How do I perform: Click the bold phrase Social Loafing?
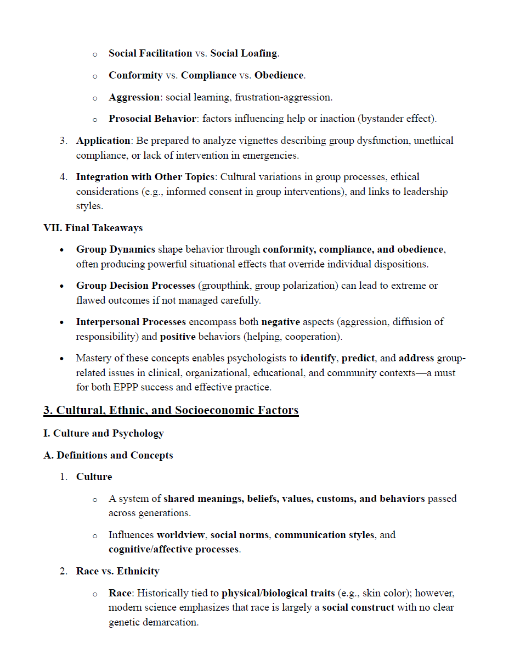(244, 53)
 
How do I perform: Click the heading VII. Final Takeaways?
(93, 227)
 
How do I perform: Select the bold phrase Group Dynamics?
(115, 249)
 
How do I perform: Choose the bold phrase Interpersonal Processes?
(131, 322)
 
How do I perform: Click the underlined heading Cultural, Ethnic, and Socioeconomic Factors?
(171, 410)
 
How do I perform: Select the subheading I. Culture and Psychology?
(103, 433)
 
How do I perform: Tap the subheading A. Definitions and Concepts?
(108, 455)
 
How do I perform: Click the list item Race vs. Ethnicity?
(117, 571)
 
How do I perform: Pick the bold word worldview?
(181, 535)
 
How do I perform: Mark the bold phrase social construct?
(358, 607)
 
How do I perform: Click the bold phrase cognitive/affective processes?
(173, 549)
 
